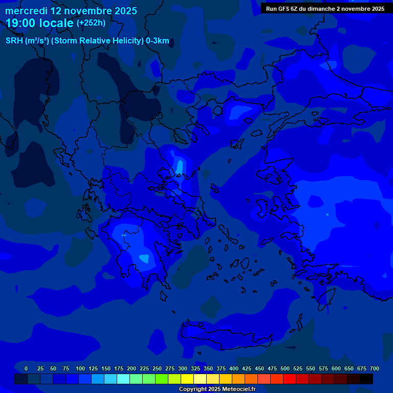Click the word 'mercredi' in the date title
pyautogui.click(x=26, y=11)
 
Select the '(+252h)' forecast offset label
pyautogui.click(x=91, y=23)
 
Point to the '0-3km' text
pyautogui.click(x=157, y=41)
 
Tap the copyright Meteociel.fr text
pyautogui.click(x=216, y=389)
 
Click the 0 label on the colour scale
pyautogui.click(x=26, y=368)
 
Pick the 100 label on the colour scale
pyautogui.click(x=80, y=368)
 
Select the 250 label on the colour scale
pyautogui.click(x=157, y=368)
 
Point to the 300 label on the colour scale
pyautogui.click(x=183, y=368)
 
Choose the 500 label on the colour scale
pyautogui.click(x=285, y=368)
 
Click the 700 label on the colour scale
pyautogui.click(x=374, y=368)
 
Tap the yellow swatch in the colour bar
pyautogui.click(x=187, y=379)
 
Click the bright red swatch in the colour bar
pyautogui.click(x=290, y=379)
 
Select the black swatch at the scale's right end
pyautogui.click(x=366, y=379)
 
